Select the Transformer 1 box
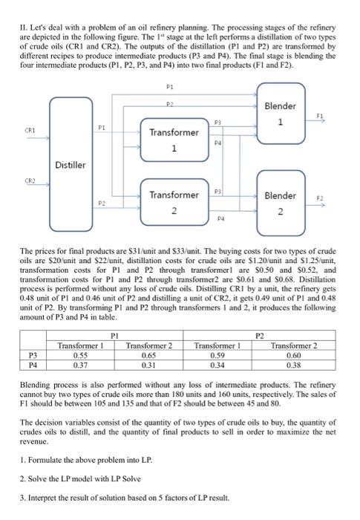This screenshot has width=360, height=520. (x=174, y=140)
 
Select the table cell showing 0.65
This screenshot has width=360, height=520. (x=149, y=354)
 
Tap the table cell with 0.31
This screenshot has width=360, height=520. (x=149, y=364)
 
